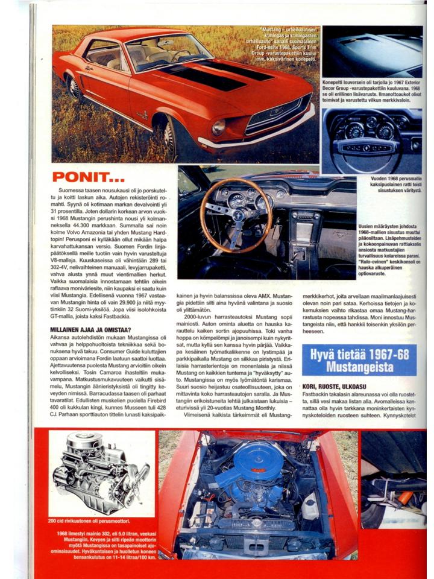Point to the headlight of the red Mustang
218,127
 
